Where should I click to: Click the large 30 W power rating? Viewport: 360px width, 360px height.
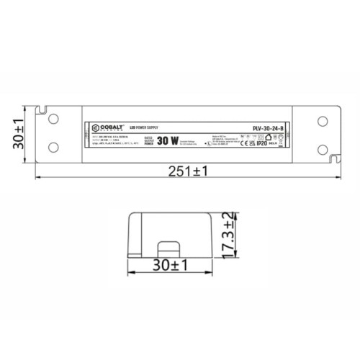[x=167, y=141]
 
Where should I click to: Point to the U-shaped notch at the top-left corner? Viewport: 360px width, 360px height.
[x=43, y=111]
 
